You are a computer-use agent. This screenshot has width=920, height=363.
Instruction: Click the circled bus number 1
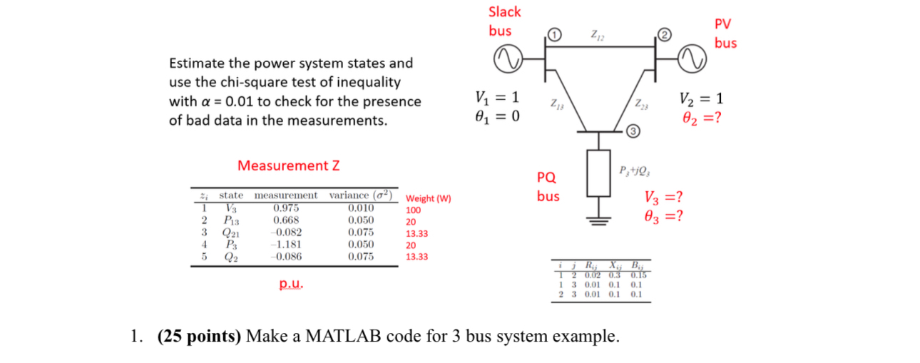pos(555,34)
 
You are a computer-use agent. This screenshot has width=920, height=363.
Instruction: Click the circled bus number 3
pos(632,131)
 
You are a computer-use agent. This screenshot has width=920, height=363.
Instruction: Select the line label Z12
pos(597,35)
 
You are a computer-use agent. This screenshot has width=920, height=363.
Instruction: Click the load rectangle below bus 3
pos(599,173)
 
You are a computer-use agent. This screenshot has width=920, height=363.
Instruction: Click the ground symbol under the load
pos(599,218)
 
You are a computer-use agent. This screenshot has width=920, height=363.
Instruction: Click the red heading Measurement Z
pos(288,166)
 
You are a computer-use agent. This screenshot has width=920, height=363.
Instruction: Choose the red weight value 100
pos(413,210)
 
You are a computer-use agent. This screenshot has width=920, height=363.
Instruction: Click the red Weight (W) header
pos(428,198)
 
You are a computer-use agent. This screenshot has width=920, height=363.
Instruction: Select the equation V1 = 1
pos(497,98)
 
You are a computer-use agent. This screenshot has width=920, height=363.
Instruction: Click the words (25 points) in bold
pos(198,336)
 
